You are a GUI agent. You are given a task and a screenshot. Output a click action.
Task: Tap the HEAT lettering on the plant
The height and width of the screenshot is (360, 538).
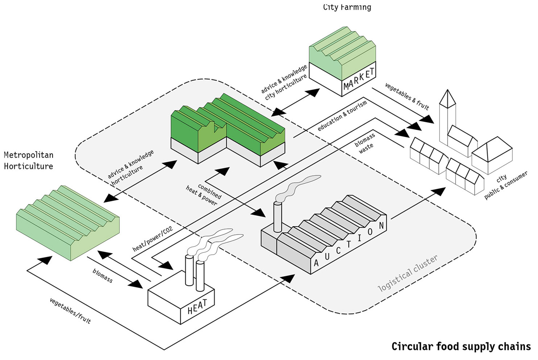point(197,307)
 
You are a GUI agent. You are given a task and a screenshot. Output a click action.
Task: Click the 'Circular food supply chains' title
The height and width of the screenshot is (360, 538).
point(461,346)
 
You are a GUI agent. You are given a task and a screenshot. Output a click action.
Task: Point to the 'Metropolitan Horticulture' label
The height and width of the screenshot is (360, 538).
point(28,161)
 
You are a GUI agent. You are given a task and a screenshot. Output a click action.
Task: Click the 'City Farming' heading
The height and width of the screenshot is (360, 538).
point(347,7)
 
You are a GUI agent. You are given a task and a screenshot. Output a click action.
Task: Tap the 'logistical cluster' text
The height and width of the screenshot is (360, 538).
point(408,273)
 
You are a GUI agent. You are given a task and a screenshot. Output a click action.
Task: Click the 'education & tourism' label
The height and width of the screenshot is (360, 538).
point(342,116)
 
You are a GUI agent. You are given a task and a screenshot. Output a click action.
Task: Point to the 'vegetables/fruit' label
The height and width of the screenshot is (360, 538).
point(70,311)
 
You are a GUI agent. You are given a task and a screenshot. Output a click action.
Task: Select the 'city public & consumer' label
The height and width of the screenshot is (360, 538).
point(505,185)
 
